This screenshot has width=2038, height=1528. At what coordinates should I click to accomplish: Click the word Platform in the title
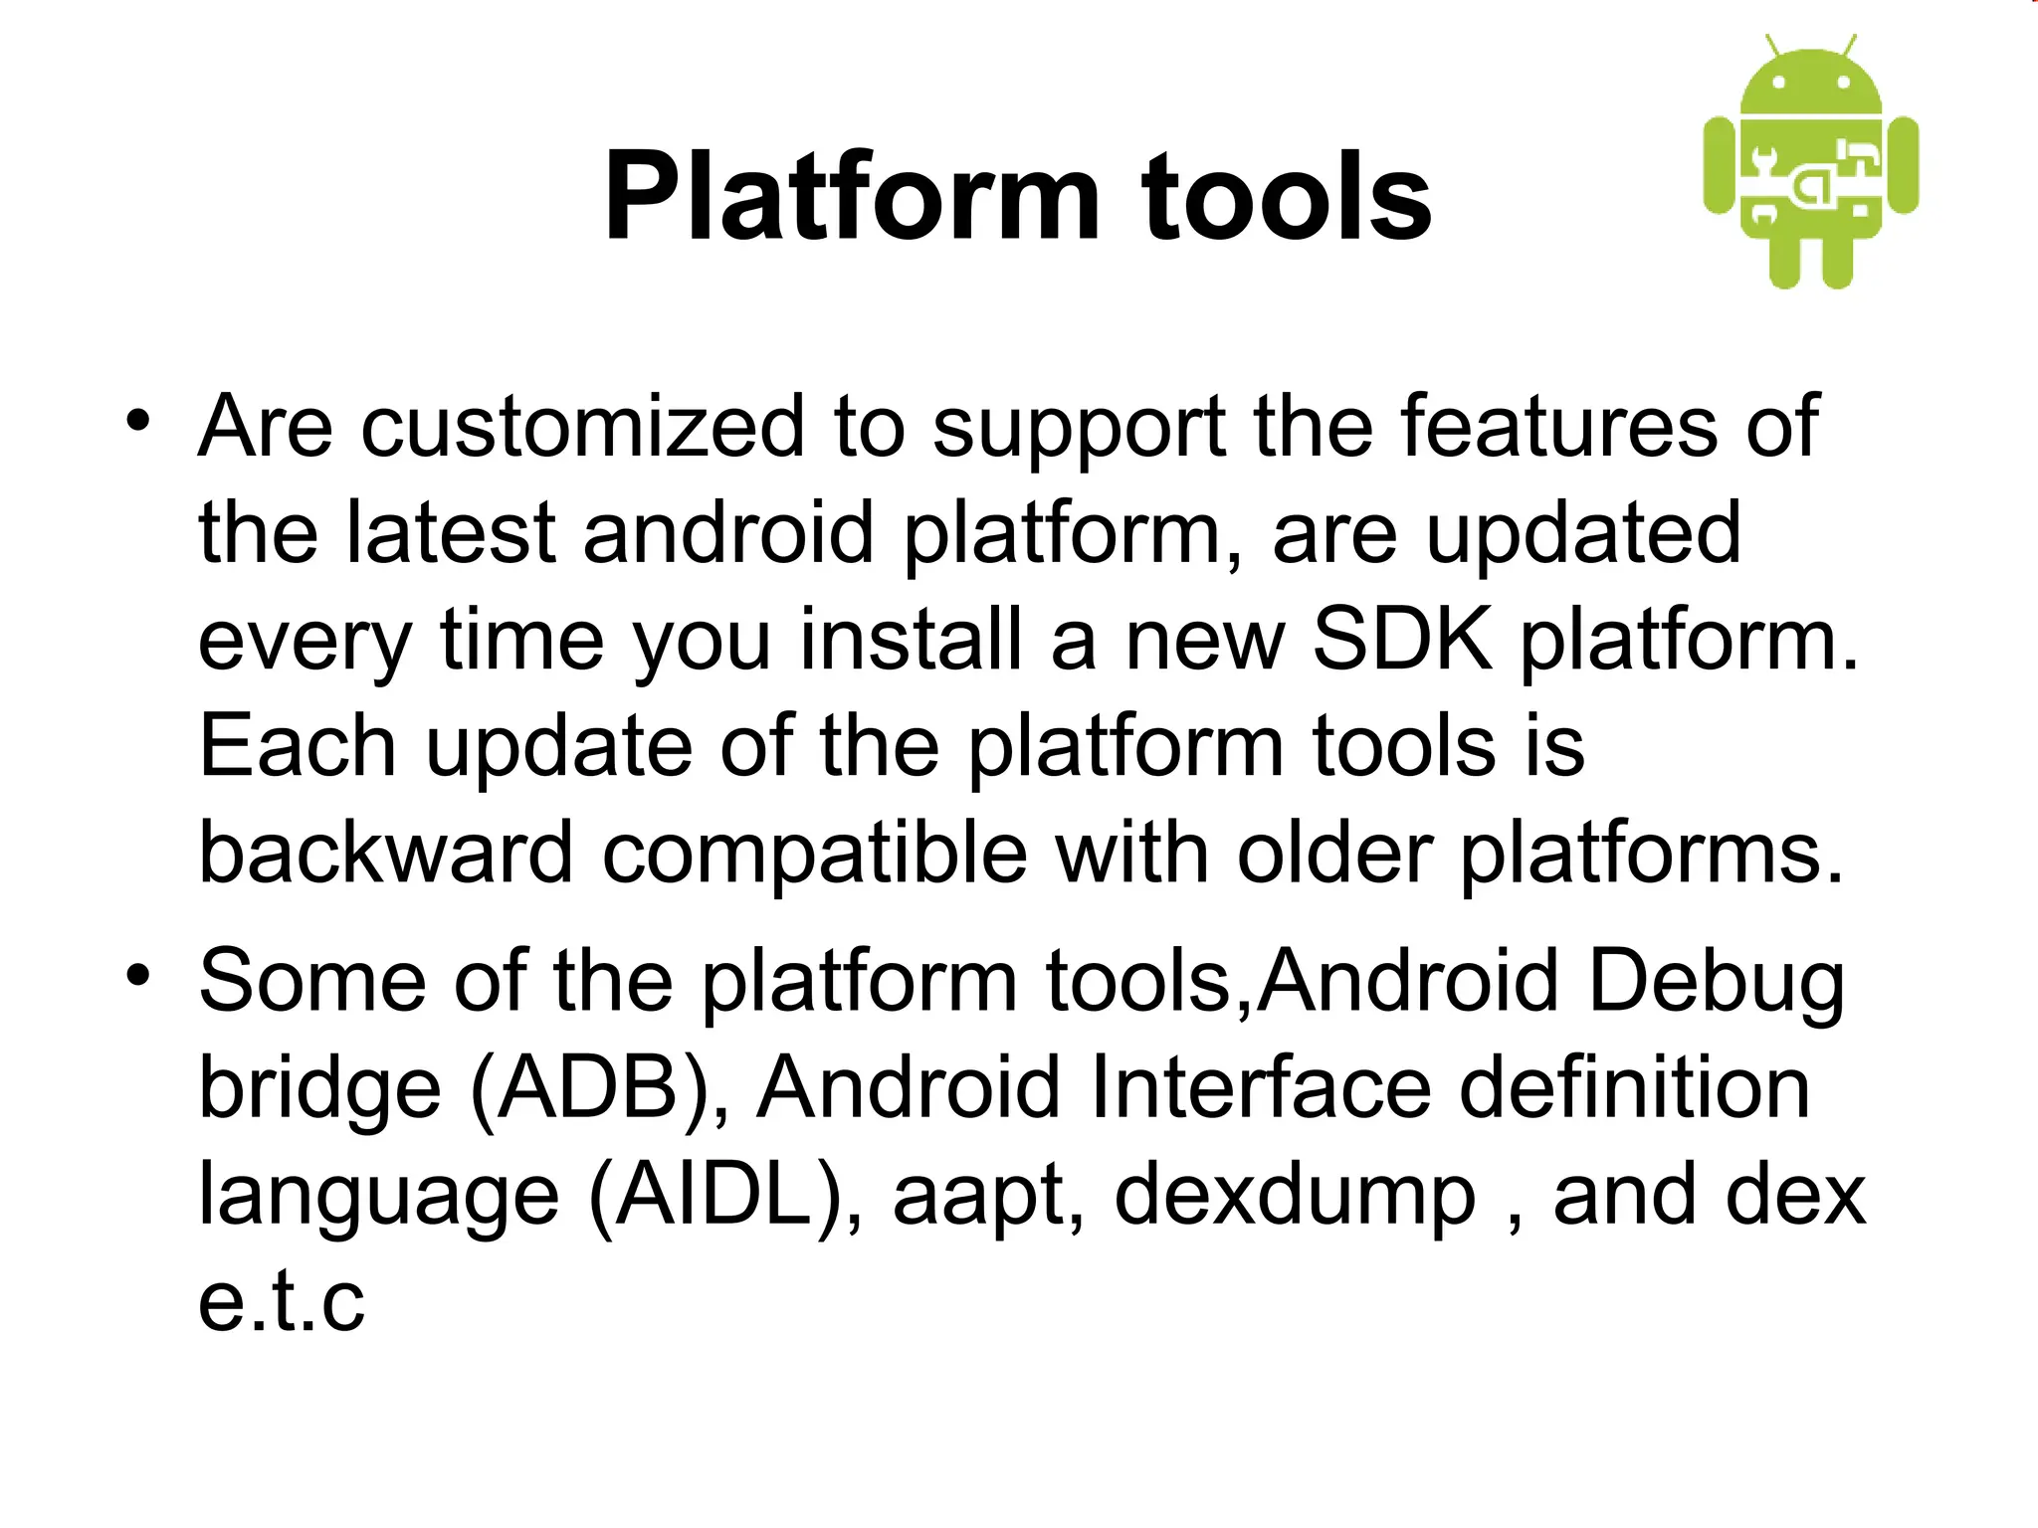pos(852,197)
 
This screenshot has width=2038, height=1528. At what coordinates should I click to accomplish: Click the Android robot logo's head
pos(1811,84)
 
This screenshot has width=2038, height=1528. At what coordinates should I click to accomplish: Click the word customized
pos(582,428)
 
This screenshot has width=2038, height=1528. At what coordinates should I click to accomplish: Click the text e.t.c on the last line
pos(282,1303)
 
